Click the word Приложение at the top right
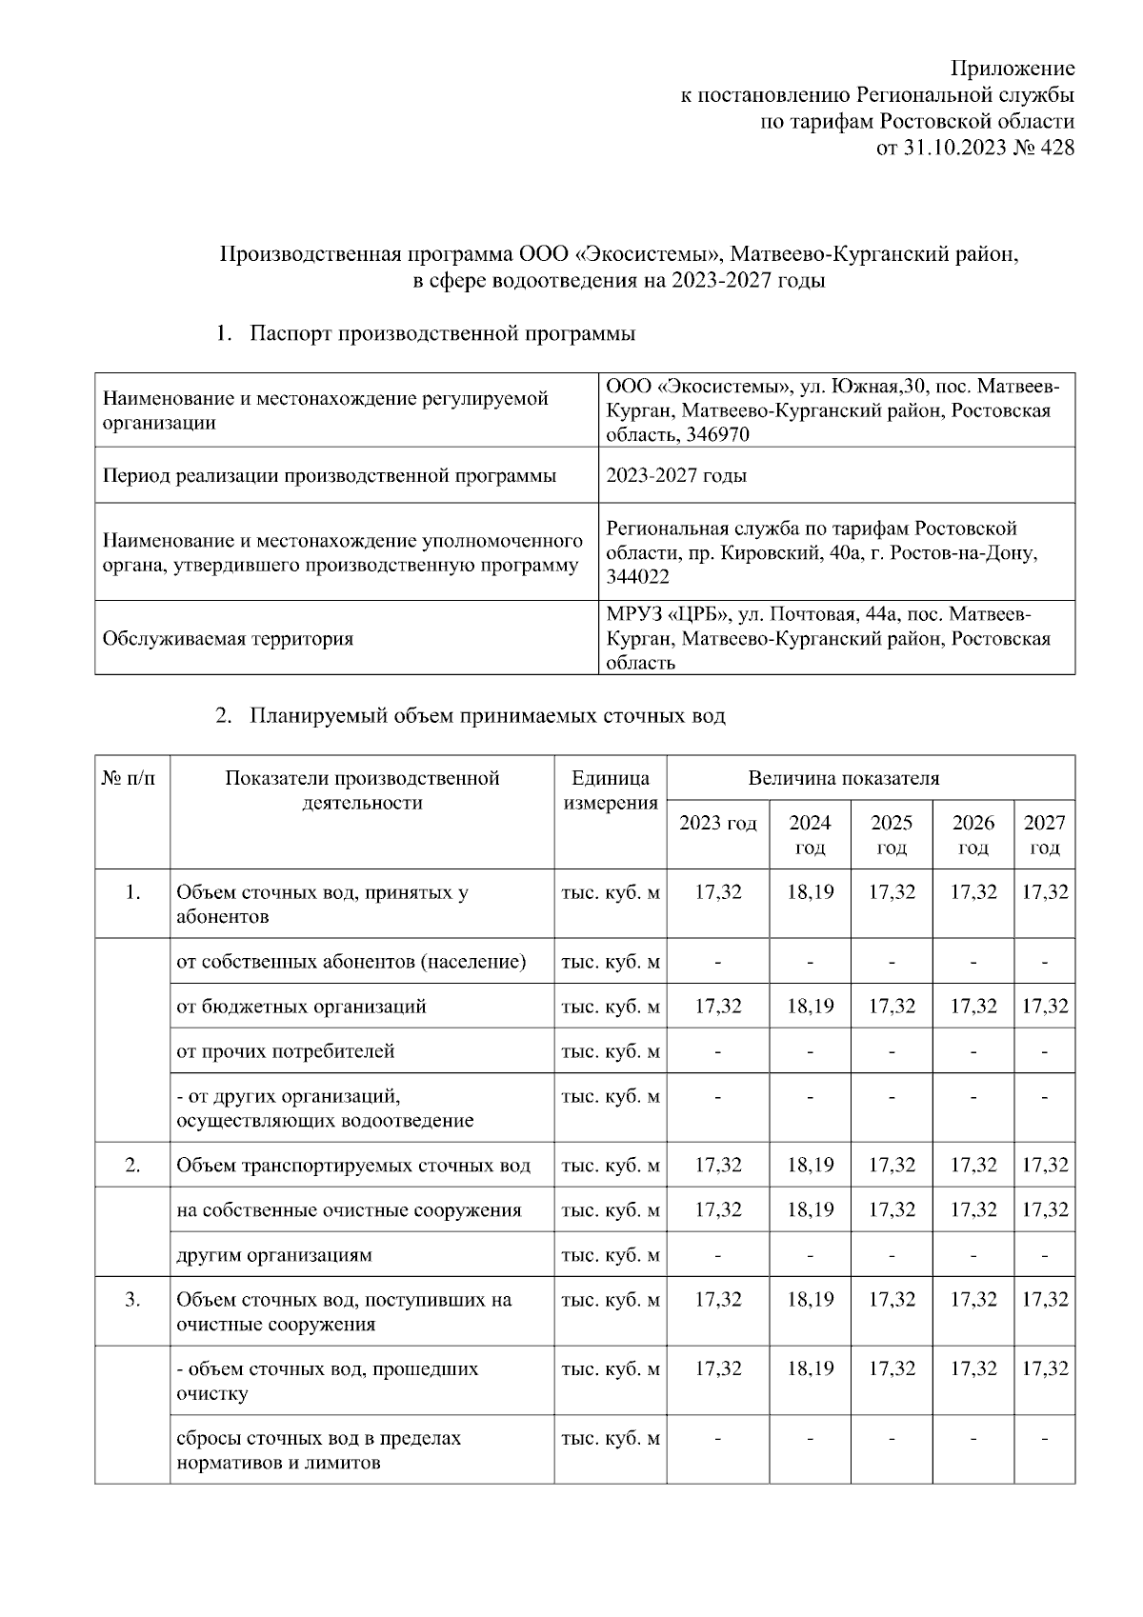click(x=1013, y=69)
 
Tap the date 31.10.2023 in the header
click(x=951, y=148)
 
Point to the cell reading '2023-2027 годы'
click(x=676, y=475)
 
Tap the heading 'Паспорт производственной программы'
click(x=442, y=333)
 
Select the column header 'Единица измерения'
click(x=611, y=790)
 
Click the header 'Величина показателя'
click(x=843, y=778)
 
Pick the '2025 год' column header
click(x=892, y=834)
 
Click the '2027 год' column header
click(x=1044, y=834)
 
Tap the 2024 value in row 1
click(x=810, y=892)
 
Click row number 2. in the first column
click(x=132, y=1165)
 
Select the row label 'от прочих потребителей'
click(x=285, y=1051)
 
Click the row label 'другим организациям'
click(x=273, y=1255)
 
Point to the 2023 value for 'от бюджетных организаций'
click(x=717, y=1007)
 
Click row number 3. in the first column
click(x=132, y=1300)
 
